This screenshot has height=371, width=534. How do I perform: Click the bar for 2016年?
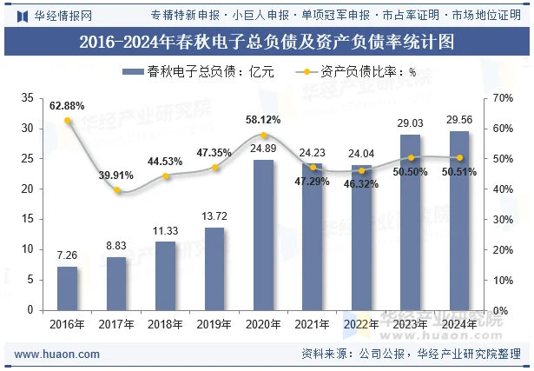pos(68,288)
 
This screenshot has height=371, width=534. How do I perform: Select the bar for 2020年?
pos(264,235)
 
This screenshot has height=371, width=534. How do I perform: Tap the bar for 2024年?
pos(459,221)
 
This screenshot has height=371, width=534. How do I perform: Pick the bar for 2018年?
pos(166,275)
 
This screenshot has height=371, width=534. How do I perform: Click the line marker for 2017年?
pos(116,189)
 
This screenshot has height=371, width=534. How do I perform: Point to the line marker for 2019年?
pos(214,167)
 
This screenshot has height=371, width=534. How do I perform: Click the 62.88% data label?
pos(67,106)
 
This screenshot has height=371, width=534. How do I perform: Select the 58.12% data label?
pos(263,120)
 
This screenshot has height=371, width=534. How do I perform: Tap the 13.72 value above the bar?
pos(214,215)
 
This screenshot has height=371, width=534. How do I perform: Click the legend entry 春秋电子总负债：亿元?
pos(198,73)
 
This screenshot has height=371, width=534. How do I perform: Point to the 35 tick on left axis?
pos(29,98)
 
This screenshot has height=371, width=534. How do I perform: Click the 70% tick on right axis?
pos(504,98)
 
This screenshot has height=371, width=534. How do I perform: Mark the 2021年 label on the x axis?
pos(313,325)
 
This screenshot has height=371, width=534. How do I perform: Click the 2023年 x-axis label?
pos(411,325)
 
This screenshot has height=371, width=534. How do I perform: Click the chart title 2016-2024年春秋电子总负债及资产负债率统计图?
pos(267,41)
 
